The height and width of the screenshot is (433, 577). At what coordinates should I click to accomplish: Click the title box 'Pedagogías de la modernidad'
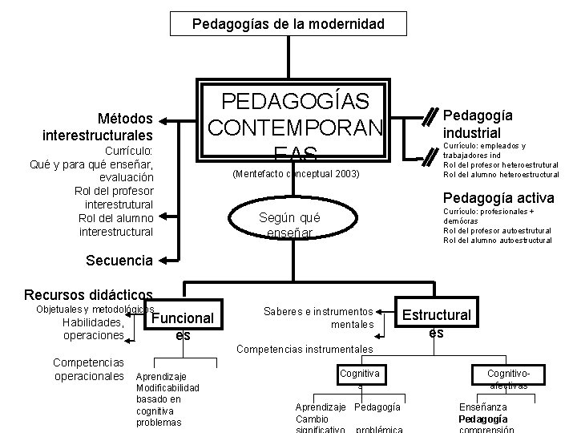(288, 24)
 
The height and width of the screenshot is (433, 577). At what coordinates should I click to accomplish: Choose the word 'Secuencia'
(119, 260)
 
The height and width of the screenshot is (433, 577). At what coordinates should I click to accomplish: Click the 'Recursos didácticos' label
(88, 295)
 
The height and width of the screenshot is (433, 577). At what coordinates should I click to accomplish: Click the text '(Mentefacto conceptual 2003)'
(295, 174)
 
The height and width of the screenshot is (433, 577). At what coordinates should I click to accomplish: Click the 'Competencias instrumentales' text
(305, 350)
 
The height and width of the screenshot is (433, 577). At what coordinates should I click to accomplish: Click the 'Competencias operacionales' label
(88, 370)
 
